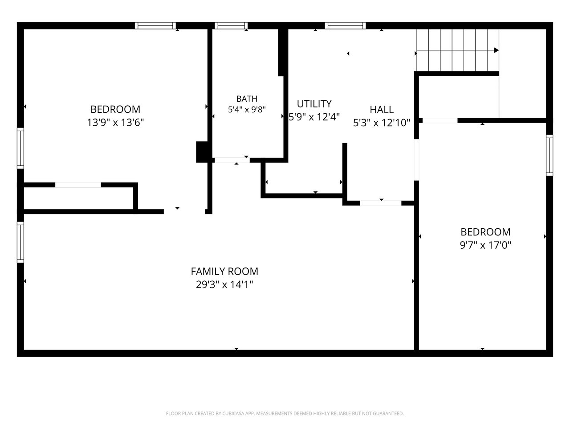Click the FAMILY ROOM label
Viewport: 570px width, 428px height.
point(224,272)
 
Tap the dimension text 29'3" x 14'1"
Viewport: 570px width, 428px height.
point(224,284)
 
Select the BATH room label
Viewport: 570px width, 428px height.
point(247,99)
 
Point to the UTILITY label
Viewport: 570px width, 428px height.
point(314,104)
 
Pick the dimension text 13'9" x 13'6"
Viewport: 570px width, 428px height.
point(115,123)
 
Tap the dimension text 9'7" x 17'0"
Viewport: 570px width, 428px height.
point(485,245)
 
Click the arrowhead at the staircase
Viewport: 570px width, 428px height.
point(496,50)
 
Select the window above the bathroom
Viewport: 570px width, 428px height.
point(231,26)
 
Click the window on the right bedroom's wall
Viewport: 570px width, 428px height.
point(550,155)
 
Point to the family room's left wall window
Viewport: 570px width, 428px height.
point(20,242)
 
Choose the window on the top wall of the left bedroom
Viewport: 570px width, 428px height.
point(155,26)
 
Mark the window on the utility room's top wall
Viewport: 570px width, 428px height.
point(346,26)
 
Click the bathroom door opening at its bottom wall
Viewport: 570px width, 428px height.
point(232,160)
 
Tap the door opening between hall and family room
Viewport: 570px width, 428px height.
point(381,203)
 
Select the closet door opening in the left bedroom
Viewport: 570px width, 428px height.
point(78,185)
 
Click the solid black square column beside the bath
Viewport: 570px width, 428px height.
point(202,152)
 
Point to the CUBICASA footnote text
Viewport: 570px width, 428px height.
point(285,413)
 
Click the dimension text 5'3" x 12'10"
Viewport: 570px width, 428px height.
point(382,123)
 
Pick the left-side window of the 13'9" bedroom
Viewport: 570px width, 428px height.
point(20,148)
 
